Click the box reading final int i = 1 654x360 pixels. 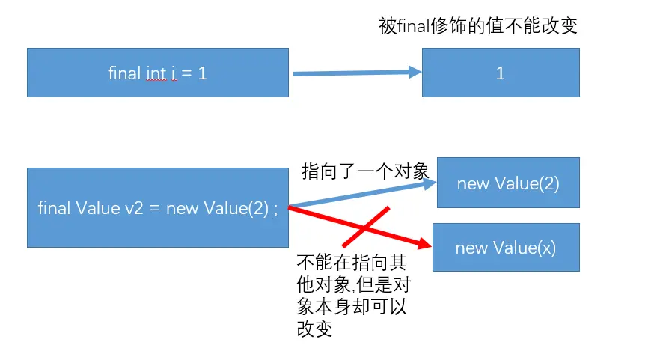click(x=157, y=73)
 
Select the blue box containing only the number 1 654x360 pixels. click(x=501, y=73)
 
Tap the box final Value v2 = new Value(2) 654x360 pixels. click(x=157, y=208)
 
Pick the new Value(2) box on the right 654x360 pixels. click(x=508, y=183)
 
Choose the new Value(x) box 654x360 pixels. click(x=506, y=248)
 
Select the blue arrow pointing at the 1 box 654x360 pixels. click(x=352, y=73)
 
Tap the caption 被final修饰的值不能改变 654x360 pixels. click(x=479, y=27)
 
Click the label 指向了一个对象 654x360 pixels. click(x=364, y=171)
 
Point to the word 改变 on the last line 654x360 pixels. click(x=314, y=329)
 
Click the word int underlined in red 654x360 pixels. click(x=156, y=73)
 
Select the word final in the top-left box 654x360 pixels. click(x=124, y=73)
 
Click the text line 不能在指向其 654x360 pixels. click(x=352, y=263)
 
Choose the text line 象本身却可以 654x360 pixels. click(x=352, y=307)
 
